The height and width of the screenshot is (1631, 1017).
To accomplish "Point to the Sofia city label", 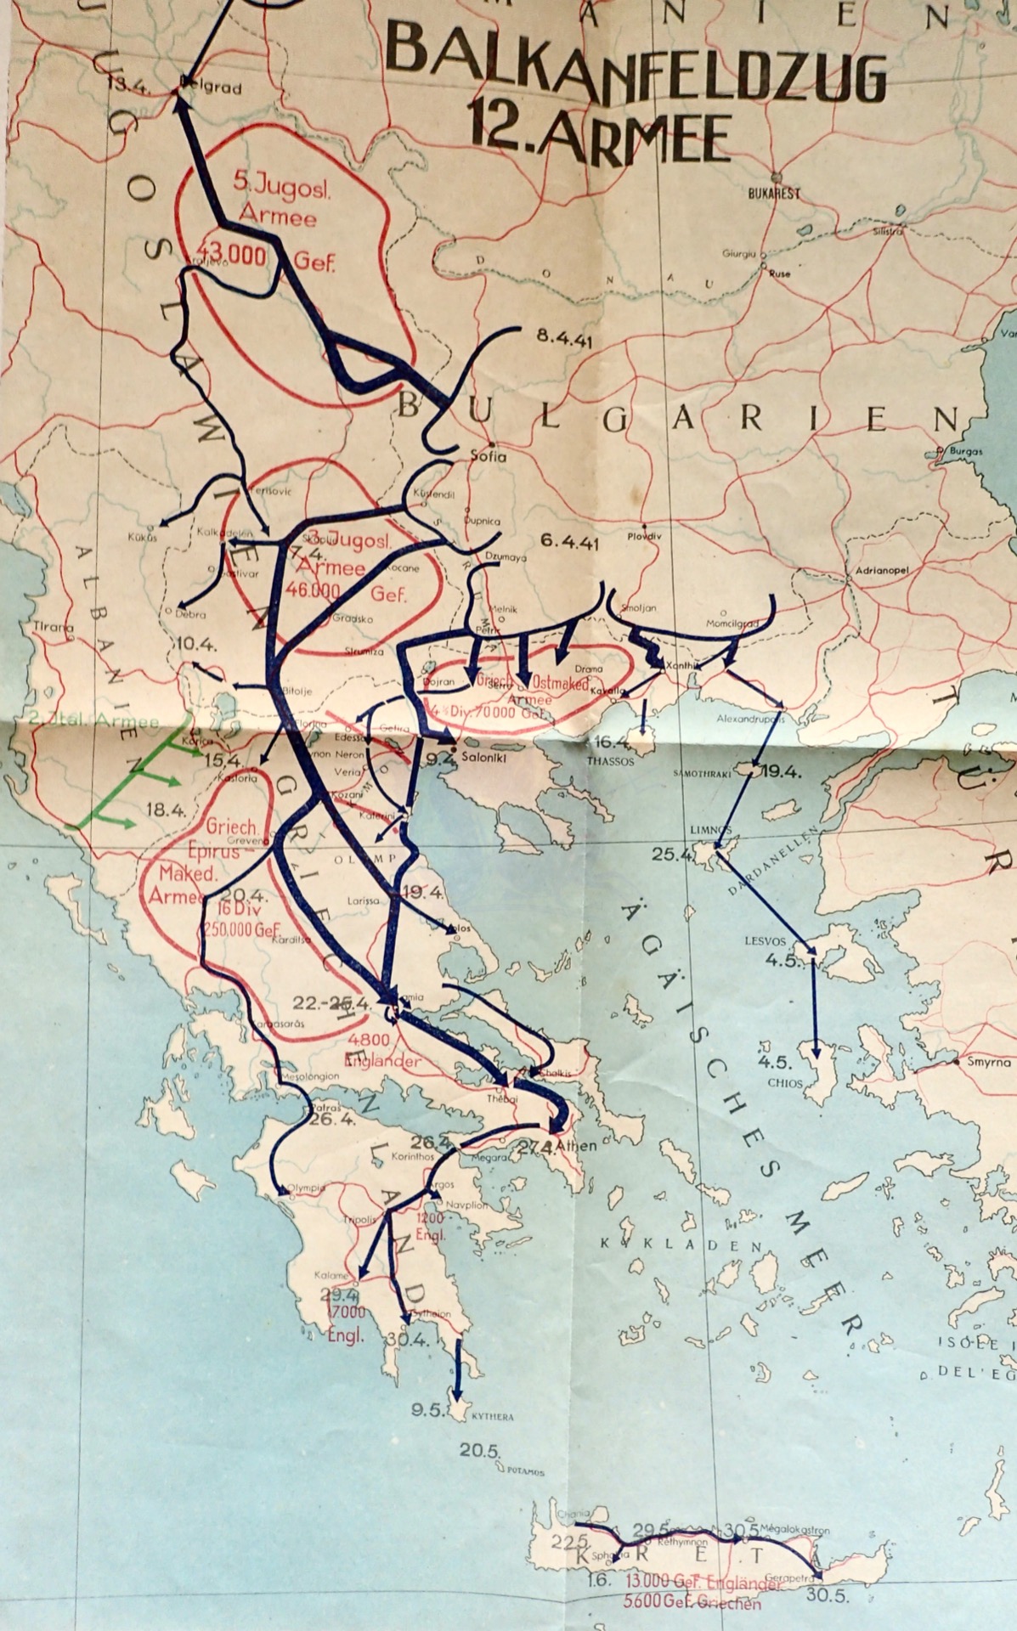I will (x=489, y=457).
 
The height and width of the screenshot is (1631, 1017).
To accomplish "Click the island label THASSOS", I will (x=611, y=762).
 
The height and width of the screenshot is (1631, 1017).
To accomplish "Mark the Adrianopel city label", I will (x=883, y=570).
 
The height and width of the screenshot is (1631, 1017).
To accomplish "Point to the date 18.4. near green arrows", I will (x=166, y=810).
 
